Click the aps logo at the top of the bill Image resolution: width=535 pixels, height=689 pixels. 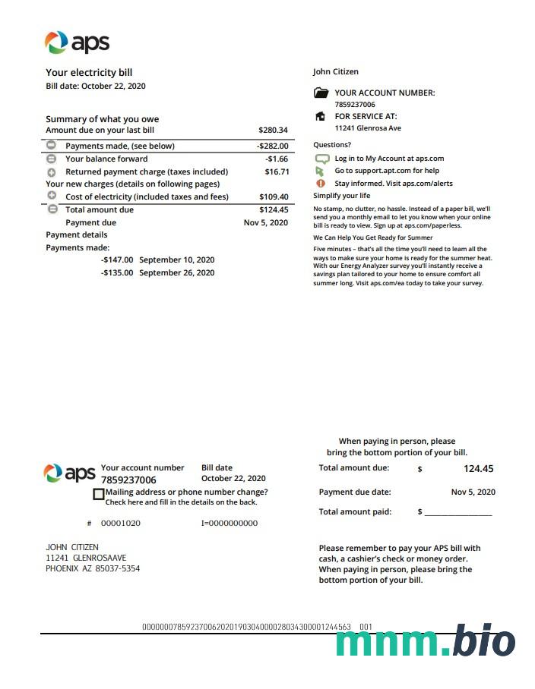click(x=77, y=42)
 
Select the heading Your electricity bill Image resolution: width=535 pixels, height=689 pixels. click(x=89, y=73)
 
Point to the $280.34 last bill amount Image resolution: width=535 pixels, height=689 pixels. click(x=273, y=131)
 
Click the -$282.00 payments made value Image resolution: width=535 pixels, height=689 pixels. click(x=273, y=146)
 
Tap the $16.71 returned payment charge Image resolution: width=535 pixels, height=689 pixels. click(x=276, y=171)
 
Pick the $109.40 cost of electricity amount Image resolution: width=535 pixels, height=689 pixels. click(x=274, y=197)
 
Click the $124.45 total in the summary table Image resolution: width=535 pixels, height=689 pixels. click(x=274, y=209)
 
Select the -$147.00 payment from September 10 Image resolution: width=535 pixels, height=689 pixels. click(x=117, y=260)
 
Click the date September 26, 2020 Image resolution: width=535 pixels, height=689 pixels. click(x=176, y=272)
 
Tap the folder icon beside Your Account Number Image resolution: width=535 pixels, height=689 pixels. click(x=321, y=93)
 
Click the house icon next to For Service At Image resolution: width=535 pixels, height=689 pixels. click(x=320, y=117)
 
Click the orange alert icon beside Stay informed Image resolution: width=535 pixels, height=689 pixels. click(x=320, y=183)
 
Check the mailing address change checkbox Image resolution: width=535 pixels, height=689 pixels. click(x=98, y=494)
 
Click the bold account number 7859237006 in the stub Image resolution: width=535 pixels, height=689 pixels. click(x=128, y=480)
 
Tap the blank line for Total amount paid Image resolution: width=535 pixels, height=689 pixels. click(x=458, y=513)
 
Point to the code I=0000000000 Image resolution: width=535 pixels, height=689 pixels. click(x=229, y=523)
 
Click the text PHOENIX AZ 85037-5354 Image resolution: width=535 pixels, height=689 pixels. click(x=93, y=568)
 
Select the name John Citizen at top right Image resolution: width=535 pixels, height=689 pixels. click(x=335, y=72)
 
